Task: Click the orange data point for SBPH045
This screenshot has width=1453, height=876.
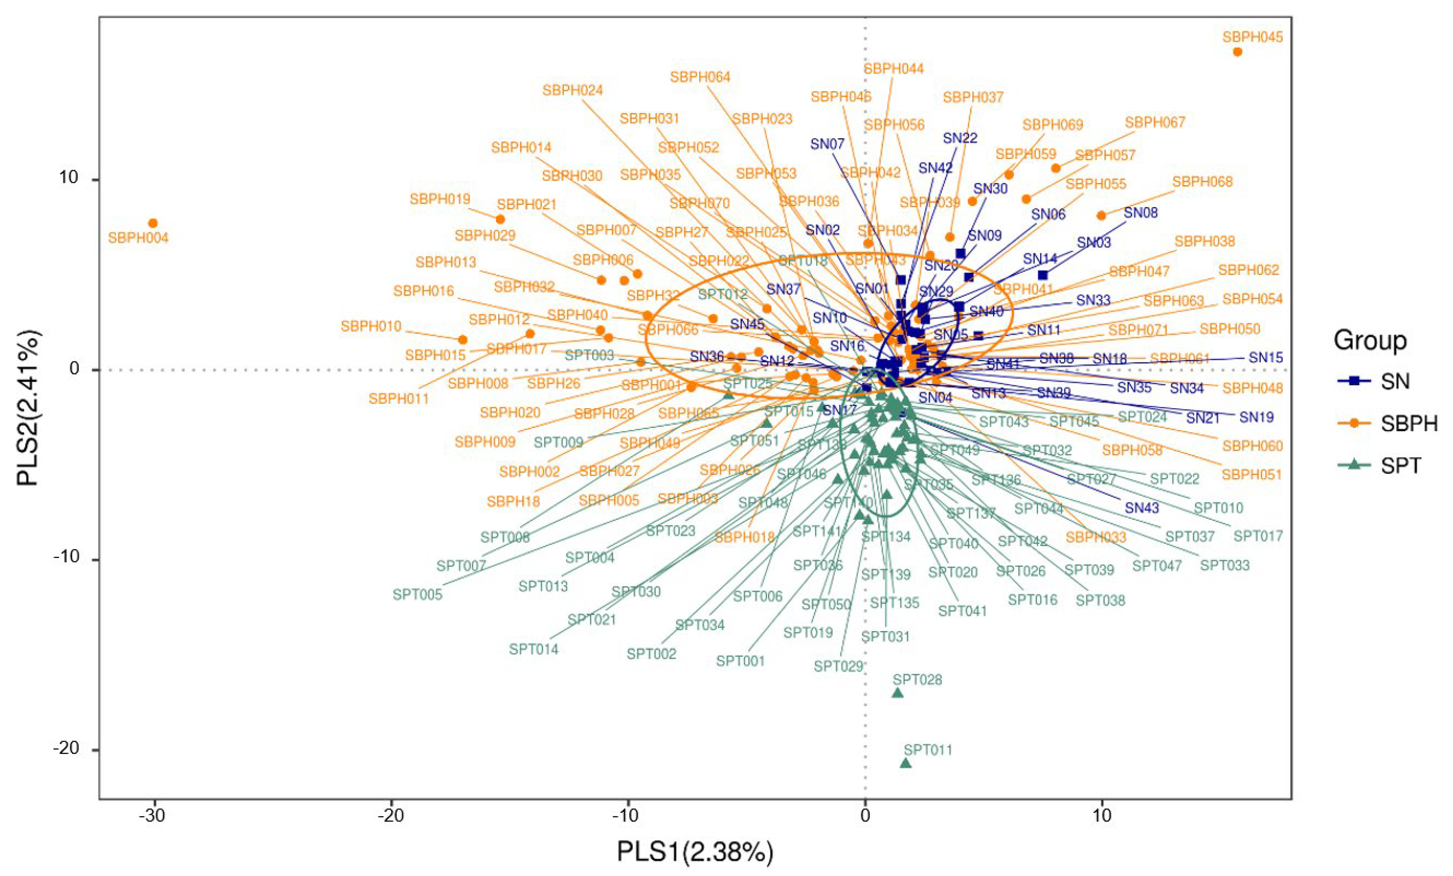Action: [1237, 52]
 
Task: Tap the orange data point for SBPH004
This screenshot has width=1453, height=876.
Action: [153, 223]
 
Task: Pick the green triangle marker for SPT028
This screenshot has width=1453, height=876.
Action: [898, 692]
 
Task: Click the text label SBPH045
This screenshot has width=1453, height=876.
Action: [1252, 37]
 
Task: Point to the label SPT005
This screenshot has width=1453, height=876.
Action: [418, 595]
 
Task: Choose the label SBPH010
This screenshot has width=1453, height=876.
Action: [371, 326]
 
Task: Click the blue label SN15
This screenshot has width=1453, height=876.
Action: [1266, 357]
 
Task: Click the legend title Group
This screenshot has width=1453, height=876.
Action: [1370, 341]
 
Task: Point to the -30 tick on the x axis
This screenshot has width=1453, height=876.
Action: [152, 816]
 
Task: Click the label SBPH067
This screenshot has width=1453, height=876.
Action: [1154, 123]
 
